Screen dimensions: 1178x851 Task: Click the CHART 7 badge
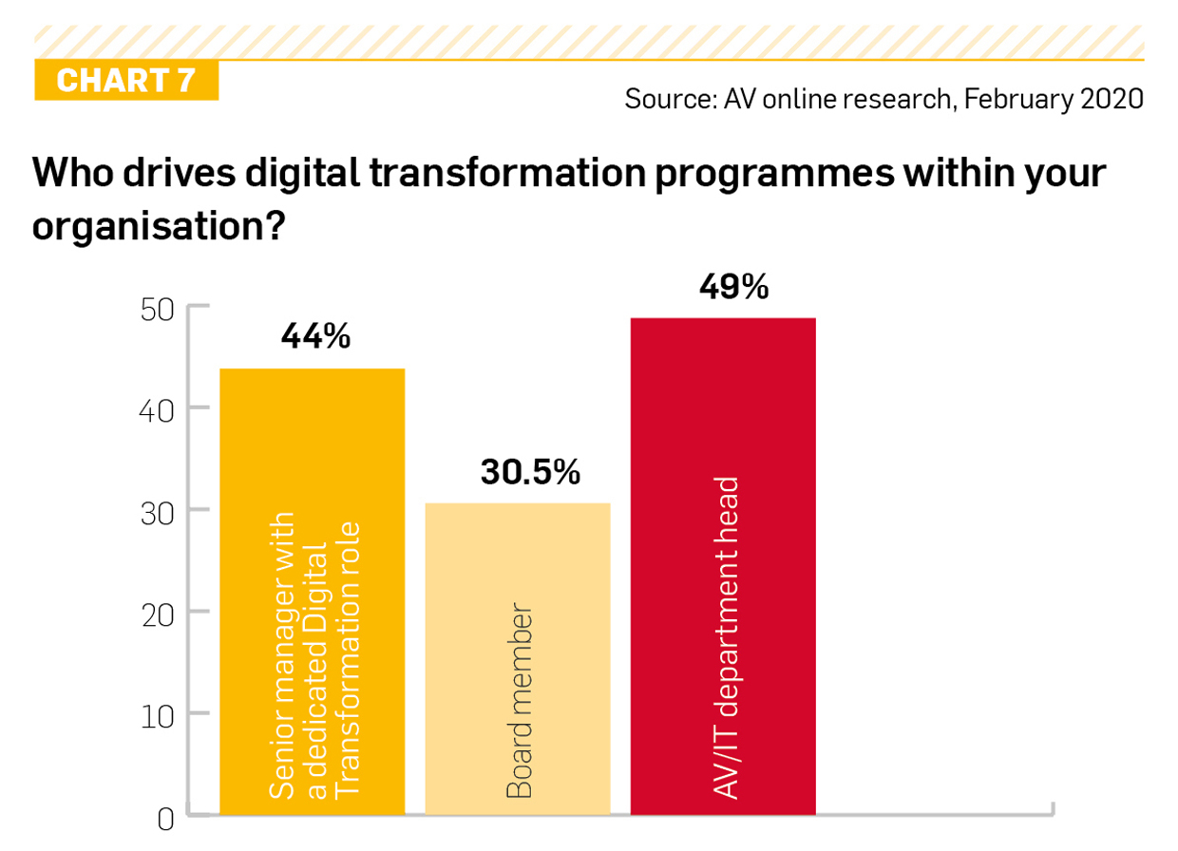[x=126, y=80]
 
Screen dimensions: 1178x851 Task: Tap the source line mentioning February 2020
[x=884, y=99]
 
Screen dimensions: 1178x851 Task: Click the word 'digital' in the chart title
[x=302, y=173]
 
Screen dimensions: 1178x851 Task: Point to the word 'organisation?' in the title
[x=159, y=225]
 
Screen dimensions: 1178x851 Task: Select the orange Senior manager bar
[x=313, y=592]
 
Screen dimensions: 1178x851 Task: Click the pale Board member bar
[x=518, y=659]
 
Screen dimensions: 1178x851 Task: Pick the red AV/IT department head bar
[x=723, y=567]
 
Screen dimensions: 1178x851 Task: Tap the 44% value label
[x=315, y=336]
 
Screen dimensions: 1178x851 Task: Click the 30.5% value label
[x=530, y=471]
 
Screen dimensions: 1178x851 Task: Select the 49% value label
[x=734, y=287]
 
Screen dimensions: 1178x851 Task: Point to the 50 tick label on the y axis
[x=158, y=311]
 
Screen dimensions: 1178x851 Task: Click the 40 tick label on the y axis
[x=156, y=411]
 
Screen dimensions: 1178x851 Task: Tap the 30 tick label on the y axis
[x=158, y=514]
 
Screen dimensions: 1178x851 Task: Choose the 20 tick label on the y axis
[x=158, y=615]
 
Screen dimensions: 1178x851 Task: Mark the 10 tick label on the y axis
[x=158, y=717]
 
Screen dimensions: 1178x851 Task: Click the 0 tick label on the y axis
[x=165, y=820]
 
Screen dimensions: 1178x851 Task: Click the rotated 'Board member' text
[x=519, y=701]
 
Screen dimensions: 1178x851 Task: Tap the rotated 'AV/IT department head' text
[x=725, y=638]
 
